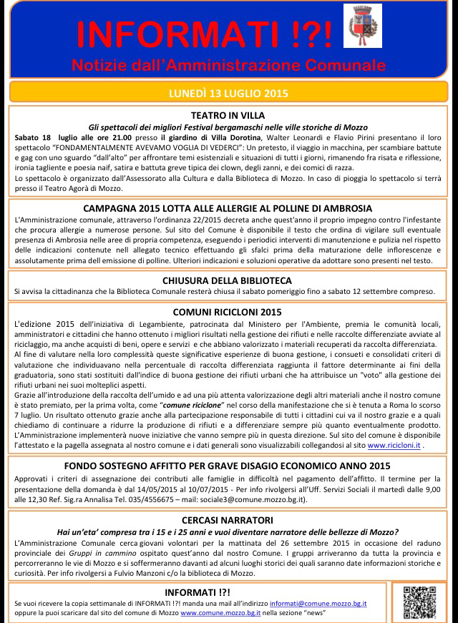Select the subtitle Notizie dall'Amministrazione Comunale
228,66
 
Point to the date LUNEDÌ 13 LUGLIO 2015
228,93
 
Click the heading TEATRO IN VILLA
228,114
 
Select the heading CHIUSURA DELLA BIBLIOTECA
228,280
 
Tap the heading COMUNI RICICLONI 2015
228,313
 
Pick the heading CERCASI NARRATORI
228,521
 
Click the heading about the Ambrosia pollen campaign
228,209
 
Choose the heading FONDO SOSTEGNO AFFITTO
228,466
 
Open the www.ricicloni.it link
394,445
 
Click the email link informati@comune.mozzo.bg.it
328,604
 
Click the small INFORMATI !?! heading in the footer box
198,593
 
